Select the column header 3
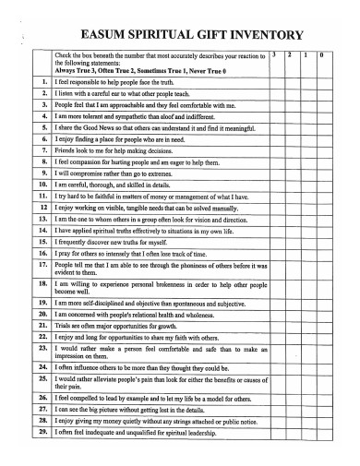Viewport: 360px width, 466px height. [276, 56]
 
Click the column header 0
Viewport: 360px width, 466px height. [320, 56]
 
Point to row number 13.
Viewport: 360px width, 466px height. [42, 220]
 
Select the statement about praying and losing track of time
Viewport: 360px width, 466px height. [138, 254]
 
